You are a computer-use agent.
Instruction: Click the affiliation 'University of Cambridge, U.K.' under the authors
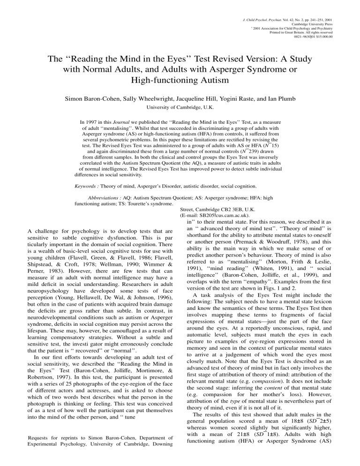point(180,108)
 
